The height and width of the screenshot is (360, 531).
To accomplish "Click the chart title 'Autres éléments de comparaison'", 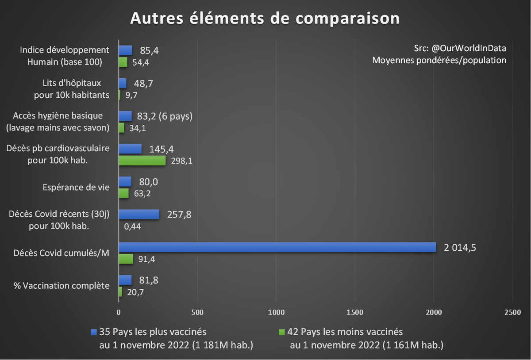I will click(265, 19).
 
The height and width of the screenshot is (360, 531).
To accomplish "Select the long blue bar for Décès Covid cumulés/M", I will click(277, 247).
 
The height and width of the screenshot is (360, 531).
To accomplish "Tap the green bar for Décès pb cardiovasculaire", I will click(142, 160).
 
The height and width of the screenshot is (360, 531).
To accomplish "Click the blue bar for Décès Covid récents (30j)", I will click(139, 214).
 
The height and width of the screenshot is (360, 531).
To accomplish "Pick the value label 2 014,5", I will click(460, 248).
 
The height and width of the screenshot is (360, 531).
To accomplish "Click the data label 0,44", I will click(133, 226).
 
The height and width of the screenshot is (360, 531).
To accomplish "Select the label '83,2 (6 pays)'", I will click(165, 116).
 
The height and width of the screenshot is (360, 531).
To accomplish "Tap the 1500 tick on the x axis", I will click(355, 312).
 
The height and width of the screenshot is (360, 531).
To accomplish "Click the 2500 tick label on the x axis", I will click(512, 312).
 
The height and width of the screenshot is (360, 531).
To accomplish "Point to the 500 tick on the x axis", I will click(197, 312).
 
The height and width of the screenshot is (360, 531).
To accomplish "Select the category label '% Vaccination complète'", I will click(62, 286).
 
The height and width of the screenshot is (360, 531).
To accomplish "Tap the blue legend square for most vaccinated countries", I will click(93, 332).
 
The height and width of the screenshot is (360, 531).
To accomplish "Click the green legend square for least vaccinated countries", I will click(281, 332).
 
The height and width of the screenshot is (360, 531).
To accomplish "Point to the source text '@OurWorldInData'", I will click(469, 48).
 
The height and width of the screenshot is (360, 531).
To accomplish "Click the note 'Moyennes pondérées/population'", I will click(439, 60).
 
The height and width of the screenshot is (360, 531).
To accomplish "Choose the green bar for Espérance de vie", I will click(123, 193).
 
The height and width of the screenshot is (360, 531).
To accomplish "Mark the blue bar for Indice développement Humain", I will click(125, 50).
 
